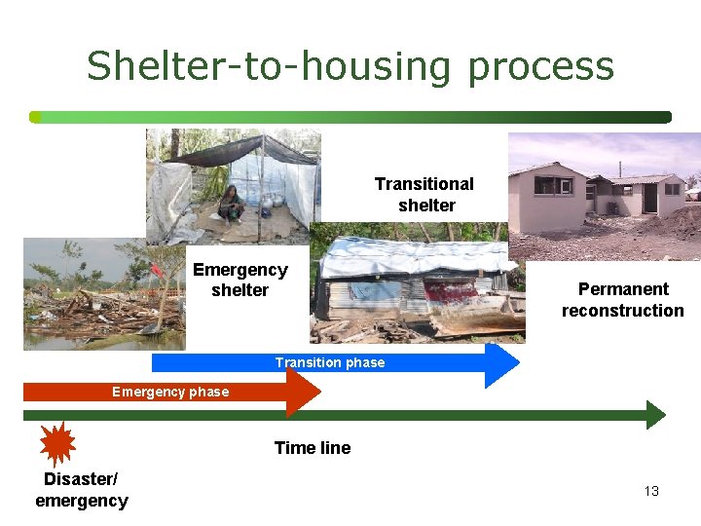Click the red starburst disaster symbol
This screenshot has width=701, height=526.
point(57,442)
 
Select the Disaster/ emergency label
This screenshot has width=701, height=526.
point(82,490)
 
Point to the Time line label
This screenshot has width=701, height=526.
point(313,448)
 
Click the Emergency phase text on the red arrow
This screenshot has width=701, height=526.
point(170,393)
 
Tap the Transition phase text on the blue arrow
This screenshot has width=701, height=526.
point(330,362)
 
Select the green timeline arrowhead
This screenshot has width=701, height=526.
point(657,415)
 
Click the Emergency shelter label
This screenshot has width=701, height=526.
point(240,280)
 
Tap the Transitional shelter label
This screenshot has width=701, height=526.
point(424,194)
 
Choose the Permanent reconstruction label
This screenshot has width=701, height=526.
point(622,299)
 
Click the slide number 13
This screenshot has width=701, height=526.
point(651,491)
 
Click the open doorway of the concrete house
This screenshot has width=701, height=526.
point(649,198)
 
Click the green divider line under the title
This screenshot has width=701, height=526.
point(350,117)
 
